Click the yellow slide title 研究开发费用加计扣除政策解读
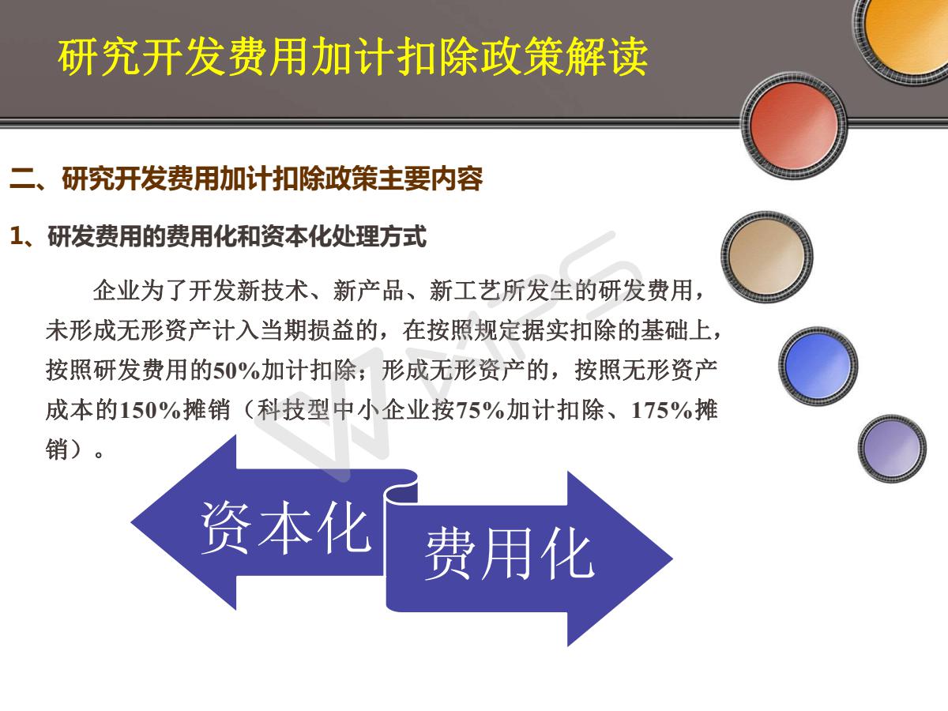[353, 57]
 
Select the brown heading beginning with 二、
[246, 179]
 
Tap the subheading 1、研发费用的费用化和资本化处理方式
[218, 236]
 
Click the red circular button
[794, 125]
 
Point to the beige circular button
[766, 257]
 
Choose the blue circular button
[818, 366]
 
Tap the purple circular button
[892, 448]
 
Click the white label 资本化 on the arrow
[285, 528]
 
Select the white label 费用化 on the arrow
[510, 554]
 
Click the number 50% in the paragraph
[237, 371]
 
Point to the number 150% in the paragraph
[150, 410]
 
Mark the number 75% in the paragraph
[480, 410]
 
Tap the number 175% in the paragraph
[662, 410]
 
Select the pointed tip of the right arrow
[672, 559]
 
